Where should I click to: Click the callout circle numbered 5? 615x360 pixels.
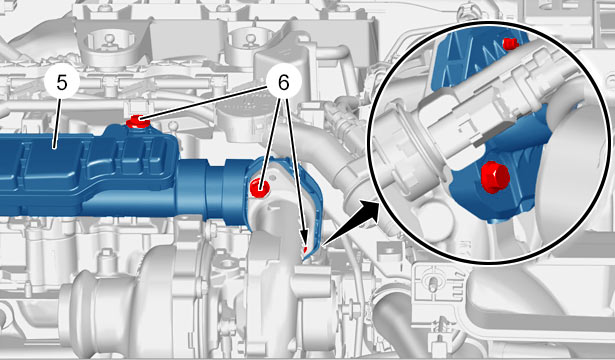click(x=62, y=83)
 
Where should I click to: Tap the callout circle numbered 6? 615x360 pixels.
click(x=283, y=83)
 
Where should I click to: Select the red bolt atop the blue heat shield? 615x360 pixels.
click(x=137, y=121)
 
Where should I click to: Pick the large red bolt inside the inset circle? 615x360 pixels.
click(x=495, y=177)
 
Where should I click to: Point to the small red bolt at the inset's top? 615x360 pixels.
click(x=510, y=43)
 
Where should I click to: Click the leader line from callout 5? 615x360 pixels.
click(x=57, y=124)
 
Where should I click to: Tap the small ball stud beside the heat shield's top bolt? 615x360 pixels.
click(x=171, y=125)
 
